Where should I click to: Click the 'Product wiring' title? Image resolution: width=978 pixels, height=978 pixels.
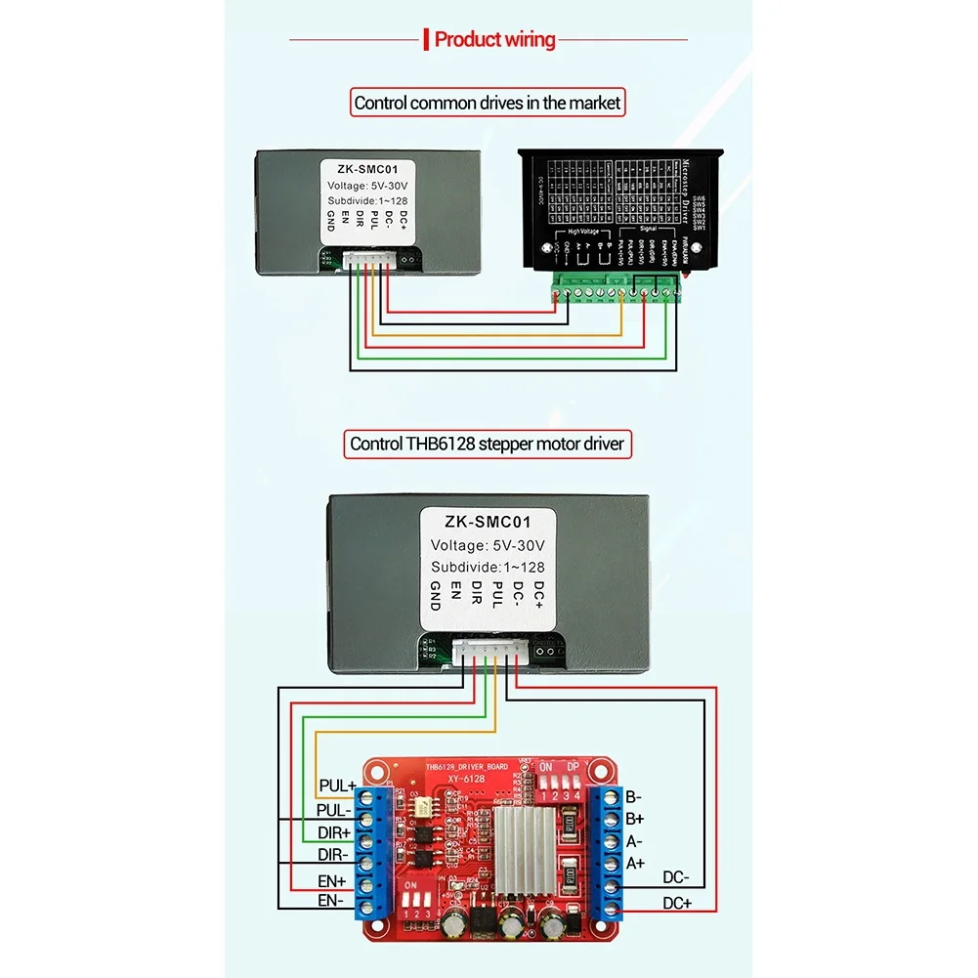(x=493, y=40)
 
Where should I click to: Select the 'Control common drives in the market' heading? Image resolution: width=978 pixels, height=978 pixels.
(x=488, y=103)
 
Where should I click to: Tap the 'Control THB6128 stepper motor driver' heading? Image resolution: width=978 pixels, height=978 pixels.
(x=488, y=445)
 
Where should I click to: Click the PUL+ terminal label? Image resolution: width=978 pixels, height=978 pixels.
(x=337, y=786)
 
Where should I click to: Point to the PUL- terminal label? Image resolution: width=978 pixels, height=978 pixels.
(x=335, y=810)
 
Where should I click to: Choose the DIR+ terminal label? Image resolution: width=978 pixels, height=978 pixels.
(x=335, y=832)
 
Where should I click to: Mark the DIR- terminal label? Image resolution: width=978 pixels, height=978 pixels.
(x=335, y=855)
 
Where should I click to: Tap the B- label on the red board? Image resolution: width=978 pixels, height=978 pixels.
(x=634, y=797)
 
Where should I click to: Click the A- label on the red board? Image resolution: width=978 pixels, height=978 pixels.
(x=634, y=841)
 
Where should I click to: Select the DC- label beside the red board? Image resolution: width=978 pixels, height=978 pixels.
(x=676, y=877)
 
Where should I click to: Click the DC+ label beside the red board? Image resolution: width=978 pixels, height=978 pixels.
(x=676, y=904)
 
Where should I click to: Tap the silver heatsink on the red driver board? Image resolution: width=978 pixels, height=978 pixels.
(x=527, y=842)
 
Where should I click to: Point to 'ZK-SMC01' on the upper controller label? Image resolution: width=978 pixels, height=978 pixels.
(x=362, y=167)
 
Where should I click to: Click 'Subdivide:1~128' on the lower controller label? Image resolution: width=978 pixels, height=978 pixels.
(x=488, y=567)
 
